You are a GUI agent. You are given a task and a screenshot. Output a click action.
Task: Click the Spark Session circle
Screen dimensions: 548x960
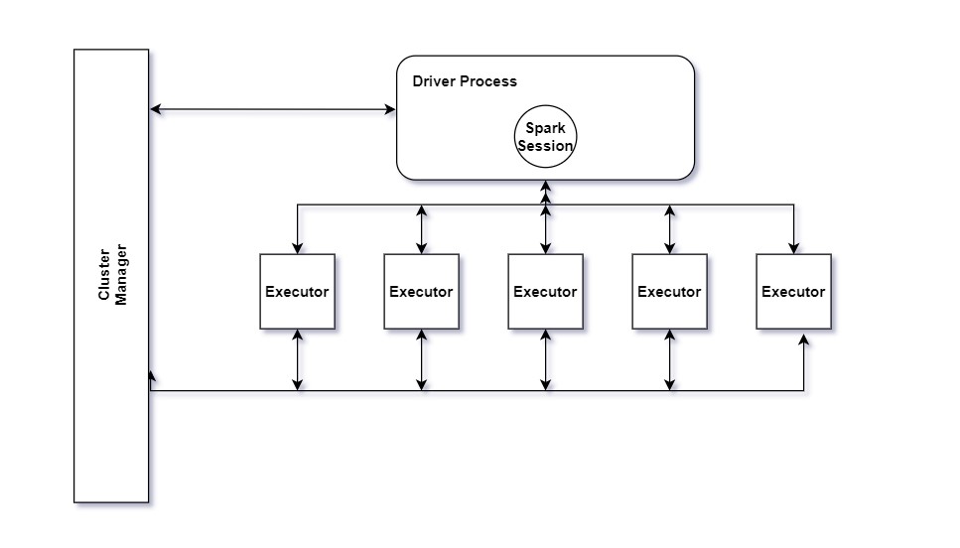[x=545, y=137]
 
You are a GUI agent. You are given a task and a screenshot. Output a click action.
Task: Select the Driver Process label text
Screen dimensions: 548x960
[x=465, y=80]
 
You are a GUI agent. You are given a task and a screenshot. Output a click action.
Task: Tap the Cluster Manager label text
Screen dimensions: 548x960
[x=113, y=275]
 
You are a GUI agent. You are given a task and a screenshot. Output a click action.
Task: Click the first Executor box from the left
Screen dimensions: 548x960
[x=297, y=291]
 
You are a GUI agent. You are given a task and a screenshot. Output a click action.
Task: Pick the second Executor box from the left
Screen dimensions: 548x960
[x=421, y=291]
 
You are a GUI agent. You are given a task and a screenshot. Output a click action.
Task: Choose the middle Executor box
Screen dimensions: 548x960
[x=545, y=291]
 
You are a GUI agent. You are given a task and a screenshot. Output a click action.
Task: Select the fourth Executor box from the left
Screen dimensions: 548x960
[x=669, y=291]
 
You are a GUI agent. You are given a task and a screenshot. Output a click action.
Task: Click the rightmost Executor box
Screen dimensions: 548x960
[x=793, y=291]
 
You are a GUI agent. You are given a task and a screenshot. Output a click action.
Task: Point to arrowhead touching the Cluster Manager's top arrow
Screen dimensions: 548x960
[x=155, y=109]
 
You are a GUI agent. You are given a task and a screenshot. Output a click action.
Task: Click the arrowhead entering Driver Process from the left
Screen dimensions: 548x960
[x=390, y=109]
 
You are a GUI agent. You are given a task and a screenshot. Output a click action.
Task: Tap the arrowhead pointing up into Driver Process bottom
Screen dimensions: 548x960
[x=545, y=186]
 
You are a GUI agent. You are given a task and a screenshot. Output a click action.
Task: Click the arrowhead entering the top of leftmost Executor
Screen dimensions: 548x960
[x=297, y=248]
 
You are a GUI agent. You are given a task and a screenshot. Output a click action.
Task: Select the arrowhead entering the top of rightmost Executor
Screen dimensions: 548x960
[x=793, y=248]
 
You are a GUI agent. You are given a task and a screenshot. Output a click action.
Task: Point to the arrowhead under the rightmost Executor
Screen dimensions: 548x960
[x=803, y=341]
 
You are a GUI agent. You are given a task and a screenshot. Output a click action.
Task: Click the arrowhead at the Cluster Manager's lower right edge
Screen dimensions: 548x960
[x=151, y=376]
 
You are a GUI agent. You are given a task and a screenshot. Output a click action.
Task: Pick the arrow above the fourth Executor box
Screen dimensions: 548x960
[x=669, y=228]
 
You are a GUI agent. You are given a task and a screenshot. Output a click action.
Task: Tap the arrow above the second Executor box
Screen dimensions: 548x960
[x=421, y=228]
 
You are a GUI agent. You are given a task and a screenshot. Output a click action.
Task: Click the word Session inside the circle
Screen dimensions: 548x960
[x=545, y=146]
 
